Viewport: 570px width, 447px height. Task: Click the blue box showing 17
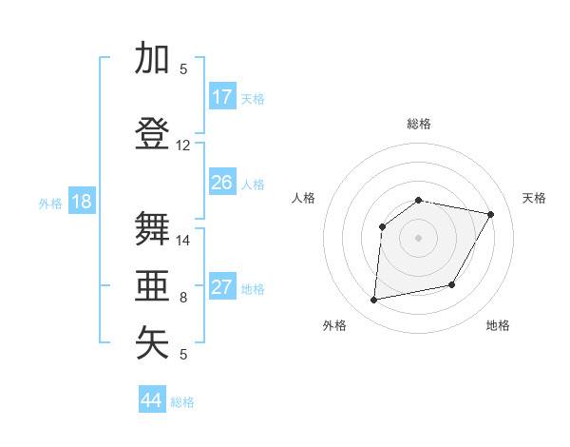pyautogui.click(x=222, y=97)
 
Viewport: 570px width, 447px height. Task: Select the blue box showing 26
pyautogui.click(x=222, y=183)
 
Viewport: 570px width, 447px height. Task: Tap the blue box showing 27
pyautogui.click(x=222, y=287)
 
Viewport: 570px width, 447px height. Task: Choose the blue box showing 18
pyautogui.click(x=81, y=202)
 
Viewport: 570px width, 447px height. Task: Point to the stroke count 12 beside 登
pyautogui.click(x=182, y=146)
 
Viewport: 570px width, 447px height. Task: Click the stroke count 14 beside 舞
pyautogui.click(x=182, y=241)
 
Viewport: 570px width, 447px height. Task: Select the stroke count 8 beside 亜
pyautogui.click(x=182, y=298)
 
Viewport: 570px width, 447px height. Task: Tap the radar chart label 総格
pyautogui.click(x=419, y=124)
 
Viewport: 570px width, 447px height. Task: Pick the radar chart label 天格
pyautogui.click(x=534, y=198)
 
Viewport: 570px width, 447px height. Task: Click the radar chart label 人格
pyautogui.click(x=304, y=198)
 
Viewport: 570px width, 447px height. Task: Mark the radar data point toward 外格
pyautogui.click(x=374, y=301)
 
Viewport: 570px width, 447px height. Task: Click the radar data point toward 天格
pyautogui.click(x=491, y=214)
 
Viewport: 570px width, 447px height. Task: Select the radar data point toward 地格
pyautogui.click(x=452, y=284)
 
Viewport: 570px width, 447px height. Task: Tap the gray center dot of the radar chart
pyautogui.click(x=419, y=238)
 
